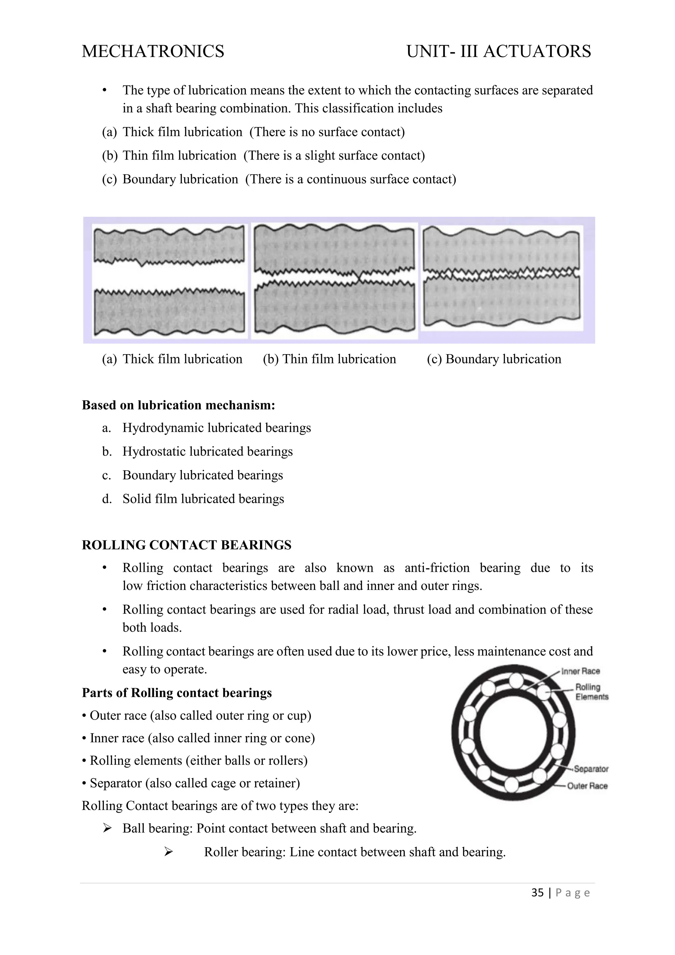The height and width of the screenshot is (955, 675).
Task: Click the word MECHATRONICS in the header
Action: (x=153, y=51)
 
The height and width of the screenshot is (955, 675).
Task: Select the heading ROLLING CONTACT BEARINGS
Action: (x=187, y=545)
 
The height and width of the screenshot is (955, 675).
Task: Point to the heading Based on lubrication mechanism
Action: (x=178, y=405)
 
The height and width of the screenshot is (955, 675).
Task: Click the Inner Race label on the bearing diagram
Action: (x=580, y=671)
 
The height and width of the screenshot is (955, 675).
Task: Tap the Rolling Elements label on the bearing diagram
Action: (x=592, y=692)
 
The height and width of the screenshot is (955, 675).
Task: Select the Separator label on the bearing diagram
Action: (x=591, y=769)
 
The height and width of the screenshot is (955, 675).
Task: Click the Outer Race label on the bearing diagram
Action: (x=587, y=786)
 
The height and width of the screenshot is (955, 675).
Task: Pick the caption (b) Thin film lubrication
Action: (x=329, y=359)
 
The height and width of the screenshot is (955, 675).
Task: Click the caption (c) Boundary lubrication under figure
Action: (x=494, y=359)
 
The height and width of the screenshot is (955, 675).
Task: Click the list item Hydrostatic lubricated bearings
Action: (x=207, y=452)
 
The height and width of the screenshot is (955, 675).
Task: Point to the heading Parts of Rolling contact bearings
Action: (x=177, y=693)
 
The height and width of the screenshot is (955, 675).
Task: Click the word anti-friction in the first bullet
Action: (x=437, y=568)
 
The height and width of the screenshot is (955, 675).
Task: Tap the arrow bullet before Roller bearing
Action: (x=168, y=852)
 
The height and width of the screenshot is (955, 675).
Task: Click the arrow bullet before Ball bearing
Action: (x=107, y=829)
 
